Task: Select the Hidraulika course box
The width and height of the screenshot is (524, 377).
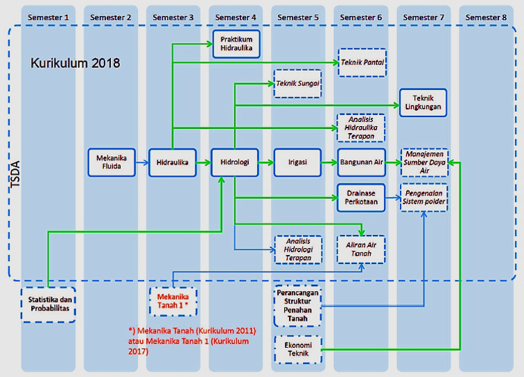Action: (173, 162)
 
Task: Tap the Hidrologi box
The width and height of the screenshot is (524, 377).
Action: (234, 162)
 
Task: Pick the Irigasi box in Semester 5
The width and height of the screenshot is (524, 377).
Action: (297, 162)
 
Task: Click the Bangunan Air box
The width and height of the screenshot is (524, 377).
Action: (361, 162)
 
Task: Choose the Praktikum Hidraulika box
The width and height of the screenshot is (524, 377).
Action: (236, 44)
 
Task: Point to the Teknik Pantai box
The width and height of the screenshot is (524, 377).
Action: (362, 62)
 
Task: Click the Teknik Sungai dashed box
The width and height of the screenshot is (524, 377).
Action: (298, 83)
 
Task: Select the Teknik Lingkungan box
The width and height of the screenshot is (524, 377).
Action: (423, 103)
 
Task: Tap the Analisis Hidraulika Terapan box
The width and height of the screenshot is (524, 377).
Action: (361, 128)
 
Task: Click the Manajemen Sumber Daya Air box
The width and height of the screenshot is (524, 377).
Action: (425, 163)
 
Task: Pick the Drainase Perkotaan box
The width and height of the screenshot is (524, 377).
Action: (361, 198)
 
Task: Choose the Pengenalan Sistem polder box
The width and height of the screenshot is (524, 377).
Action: (425, 198)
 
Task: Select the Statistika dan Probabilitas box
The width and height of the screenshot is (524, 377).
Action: (49, 304)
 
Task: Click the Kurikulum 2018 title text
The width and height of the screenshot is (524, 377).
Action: (76, 63)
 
